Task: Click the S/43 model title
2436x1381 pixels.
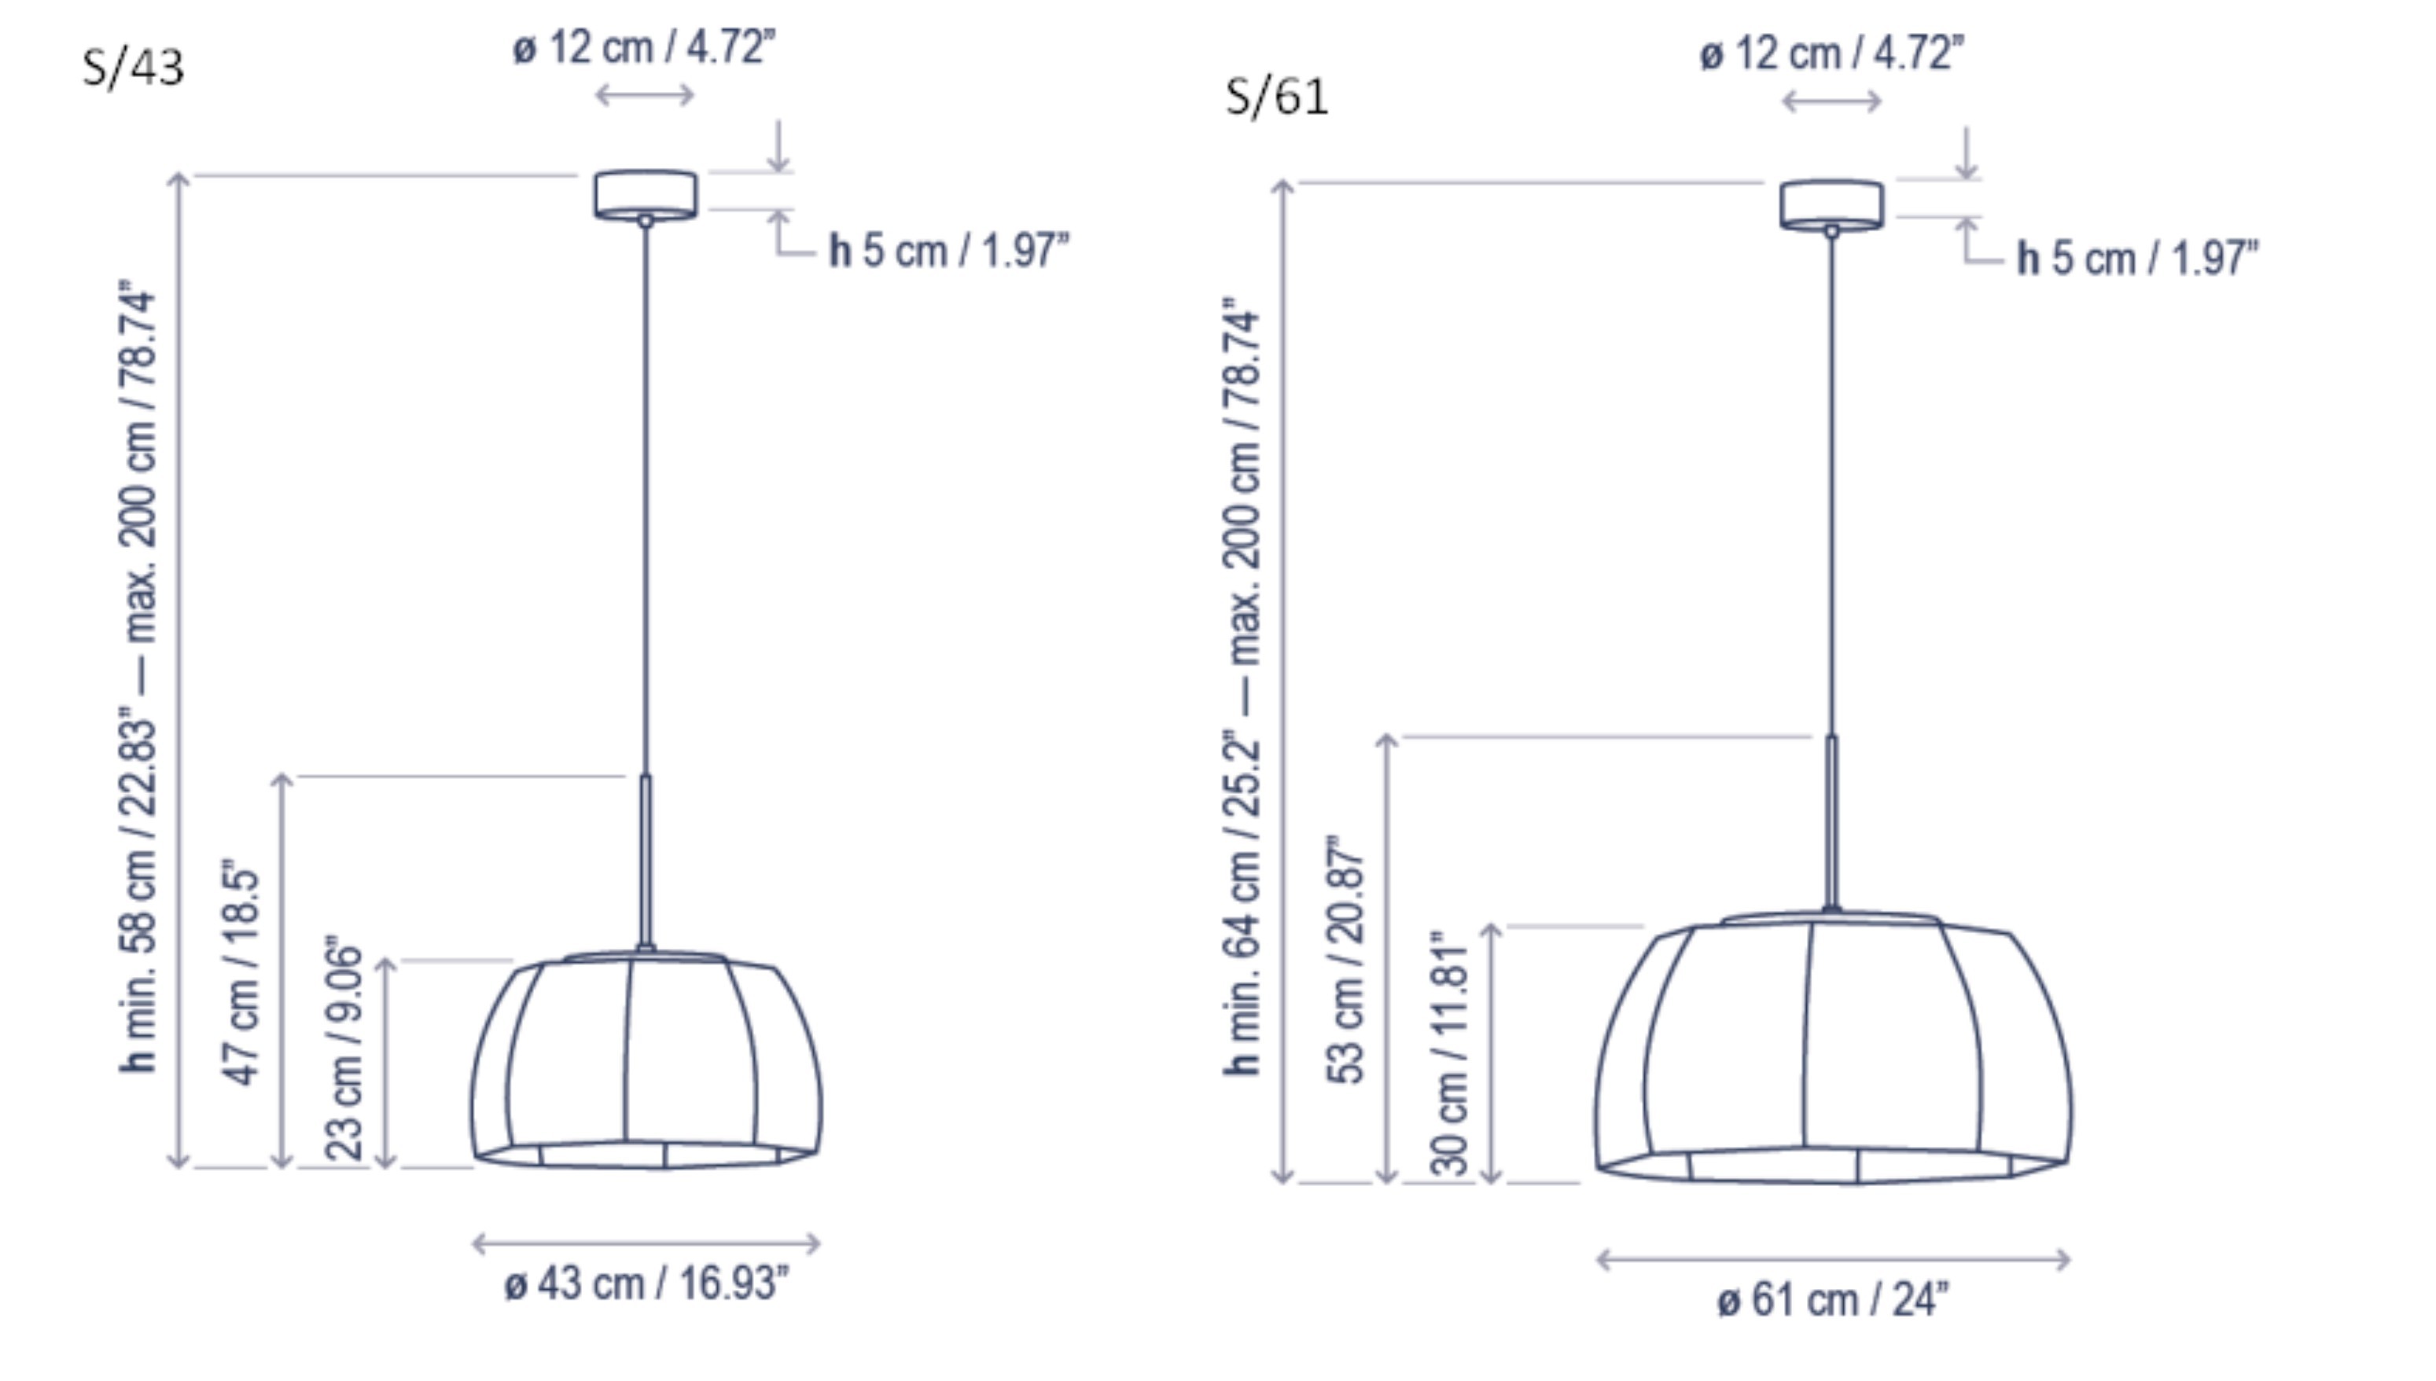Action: point(133,68)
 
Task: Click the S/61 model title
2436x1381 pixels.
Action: point(1277,97)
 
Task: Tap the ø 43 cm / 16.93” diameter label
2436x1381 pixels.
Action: point(646,1284)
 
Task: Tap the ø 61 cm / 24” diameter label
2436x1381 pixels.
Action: point(1833,1299)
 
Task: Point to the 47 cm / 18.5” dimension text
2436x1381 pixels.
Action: point(241,972)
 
